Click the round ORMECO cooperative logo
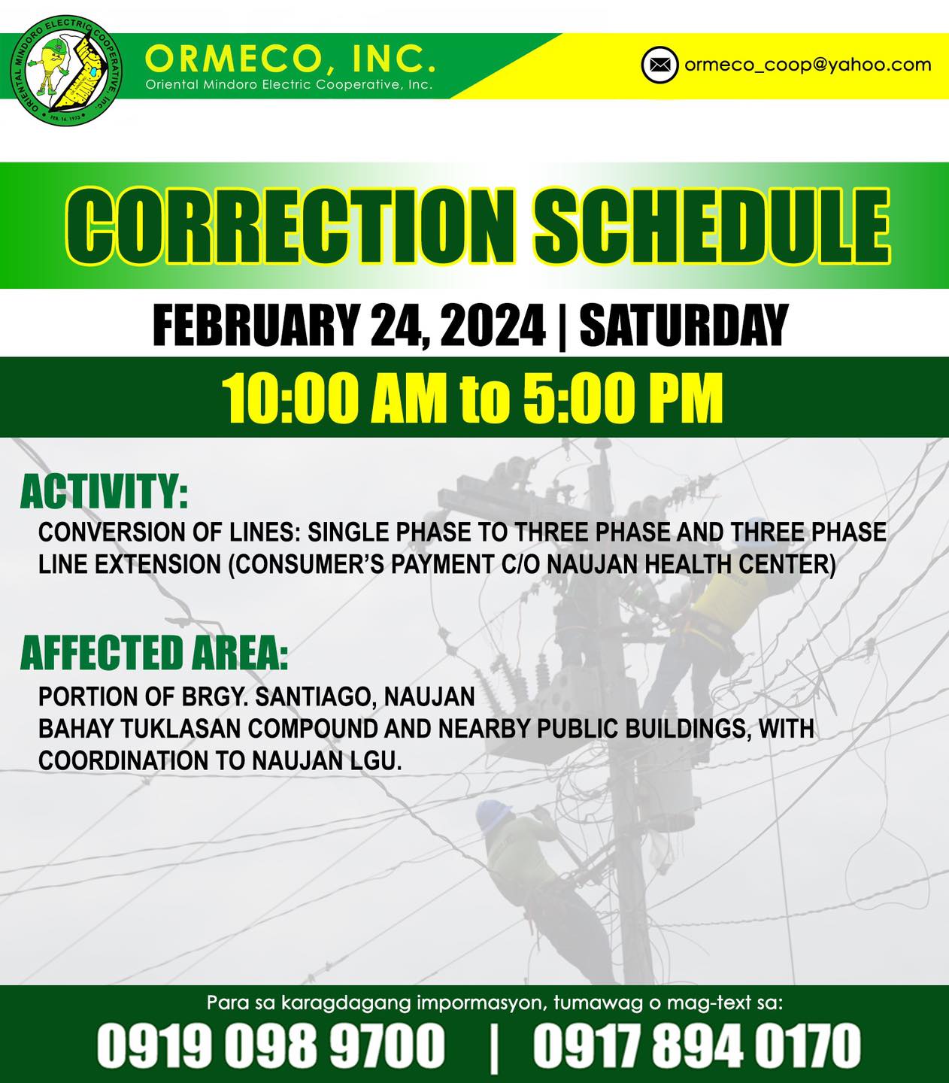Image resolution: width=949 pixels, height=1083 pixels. coord(66,70)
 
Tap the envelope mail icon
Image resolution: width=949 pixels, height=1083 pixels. coord(659,65)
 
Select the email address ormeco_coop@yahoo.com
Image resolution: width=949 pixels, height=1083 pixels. coord(808,65)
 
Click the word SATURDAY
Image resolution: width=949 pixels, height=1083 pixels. coord(684,325)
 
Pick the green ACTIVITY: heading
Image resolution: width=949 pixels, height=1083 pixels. coord(105,492)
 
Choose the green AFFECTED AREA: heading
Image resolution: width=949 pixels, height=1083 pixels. coord(154,654)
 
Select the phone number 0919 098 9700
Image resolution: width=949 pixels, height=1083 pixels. coord(271,1045)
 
